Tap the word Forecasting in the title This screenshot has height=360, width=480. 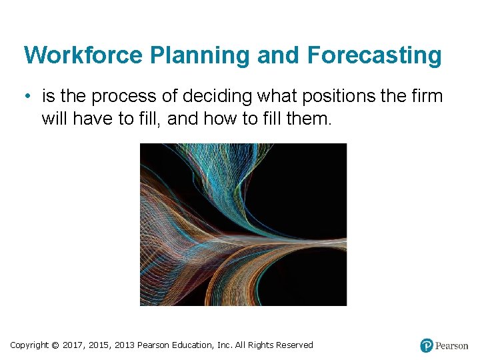374,55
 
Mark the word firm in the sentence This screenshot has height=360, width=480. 427,97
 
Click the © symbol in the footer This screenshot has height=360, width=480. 55,345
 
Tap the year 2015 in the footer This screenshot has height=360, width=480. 100,345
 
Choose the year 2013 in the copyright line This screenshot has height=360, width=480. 125,345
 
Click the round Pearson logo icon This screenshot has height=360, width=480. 427,345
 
